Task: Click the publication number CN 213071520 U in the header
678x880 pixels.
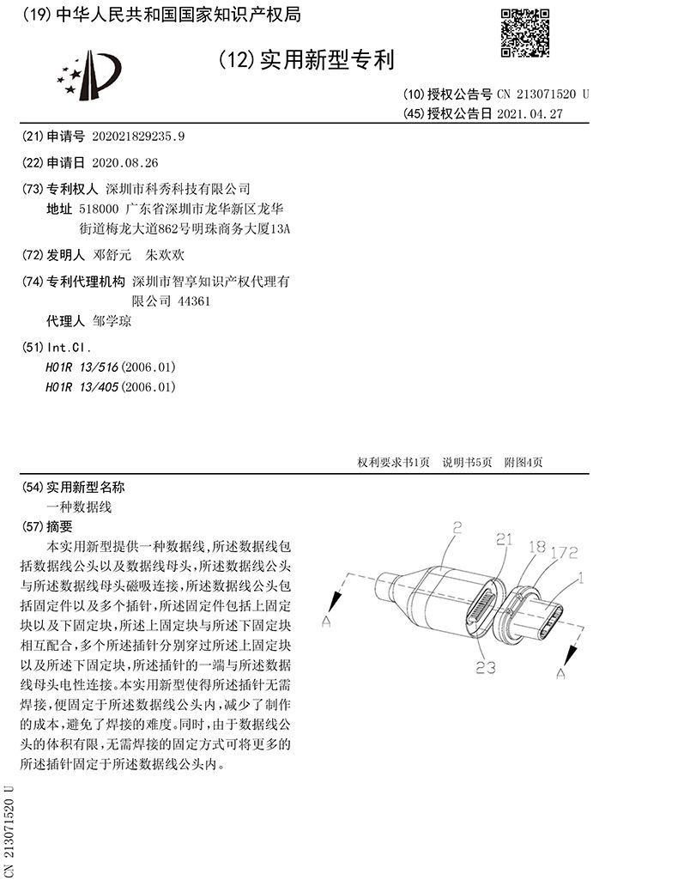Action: tap(542, 94)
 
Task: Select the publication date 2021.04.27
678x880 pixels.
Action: tap(530, 113)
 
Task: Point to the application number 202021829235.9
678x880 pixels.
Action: tap(138, 136)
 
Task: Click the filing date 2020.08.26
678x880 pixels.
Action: tap(124, 162)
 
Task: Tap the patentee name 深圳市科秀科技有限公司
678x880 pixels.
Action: tap(177, 188)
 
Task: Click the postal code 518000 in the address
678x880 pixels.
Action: tap(98, 209)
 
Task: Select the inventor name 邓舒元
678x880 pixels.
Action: tap(112, 255)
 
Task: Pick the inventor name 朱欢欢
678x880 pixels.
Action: tap(166, 255)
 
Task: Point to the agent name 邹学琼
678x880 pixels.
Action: tap(112, 322)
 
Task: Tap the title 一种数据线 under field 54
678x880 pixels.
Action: tap(79, 507)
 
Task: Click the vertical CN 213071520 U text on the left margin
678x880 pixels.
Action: tap(10, 829)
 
